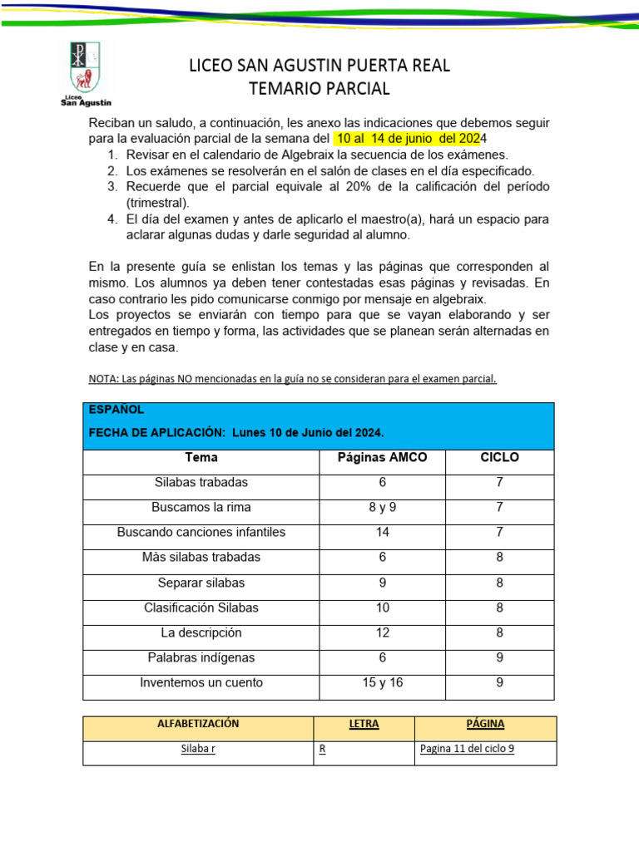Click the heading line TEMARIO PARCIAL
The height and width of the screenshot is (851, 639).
319,88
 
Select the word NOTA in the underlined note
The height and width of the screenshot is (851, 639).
102,379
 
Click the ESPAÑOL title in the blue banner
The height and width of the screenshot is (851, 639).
116,410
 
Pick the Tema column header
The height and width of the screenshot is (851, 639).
201,458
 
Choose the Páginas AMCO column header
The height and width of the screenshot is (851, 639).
382,458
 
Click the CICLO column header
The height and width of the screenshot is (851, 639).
499,458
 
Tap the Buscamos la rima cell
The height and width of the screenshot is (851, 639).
201,507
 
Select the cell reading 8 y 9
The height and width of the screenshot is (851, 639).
382,507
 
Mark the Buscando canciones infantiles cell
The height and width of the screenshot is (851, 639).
201,532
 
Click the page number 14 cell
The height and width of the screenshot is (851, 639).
382,532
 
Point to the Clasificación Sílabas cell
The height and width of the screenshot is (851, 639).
201,608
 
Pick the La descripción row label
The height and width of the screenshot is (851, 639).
201,632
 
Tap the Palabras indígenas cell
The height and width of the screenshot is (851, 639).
201,657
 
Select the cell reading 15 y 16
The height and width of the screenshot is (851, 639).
382,683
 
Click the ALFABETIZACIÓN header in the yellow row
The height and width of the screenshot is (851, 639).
198,724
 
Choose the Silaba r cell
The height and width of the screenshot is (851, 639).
198,748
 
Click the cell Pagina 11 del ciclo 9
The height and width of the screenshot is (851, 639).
467,748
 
